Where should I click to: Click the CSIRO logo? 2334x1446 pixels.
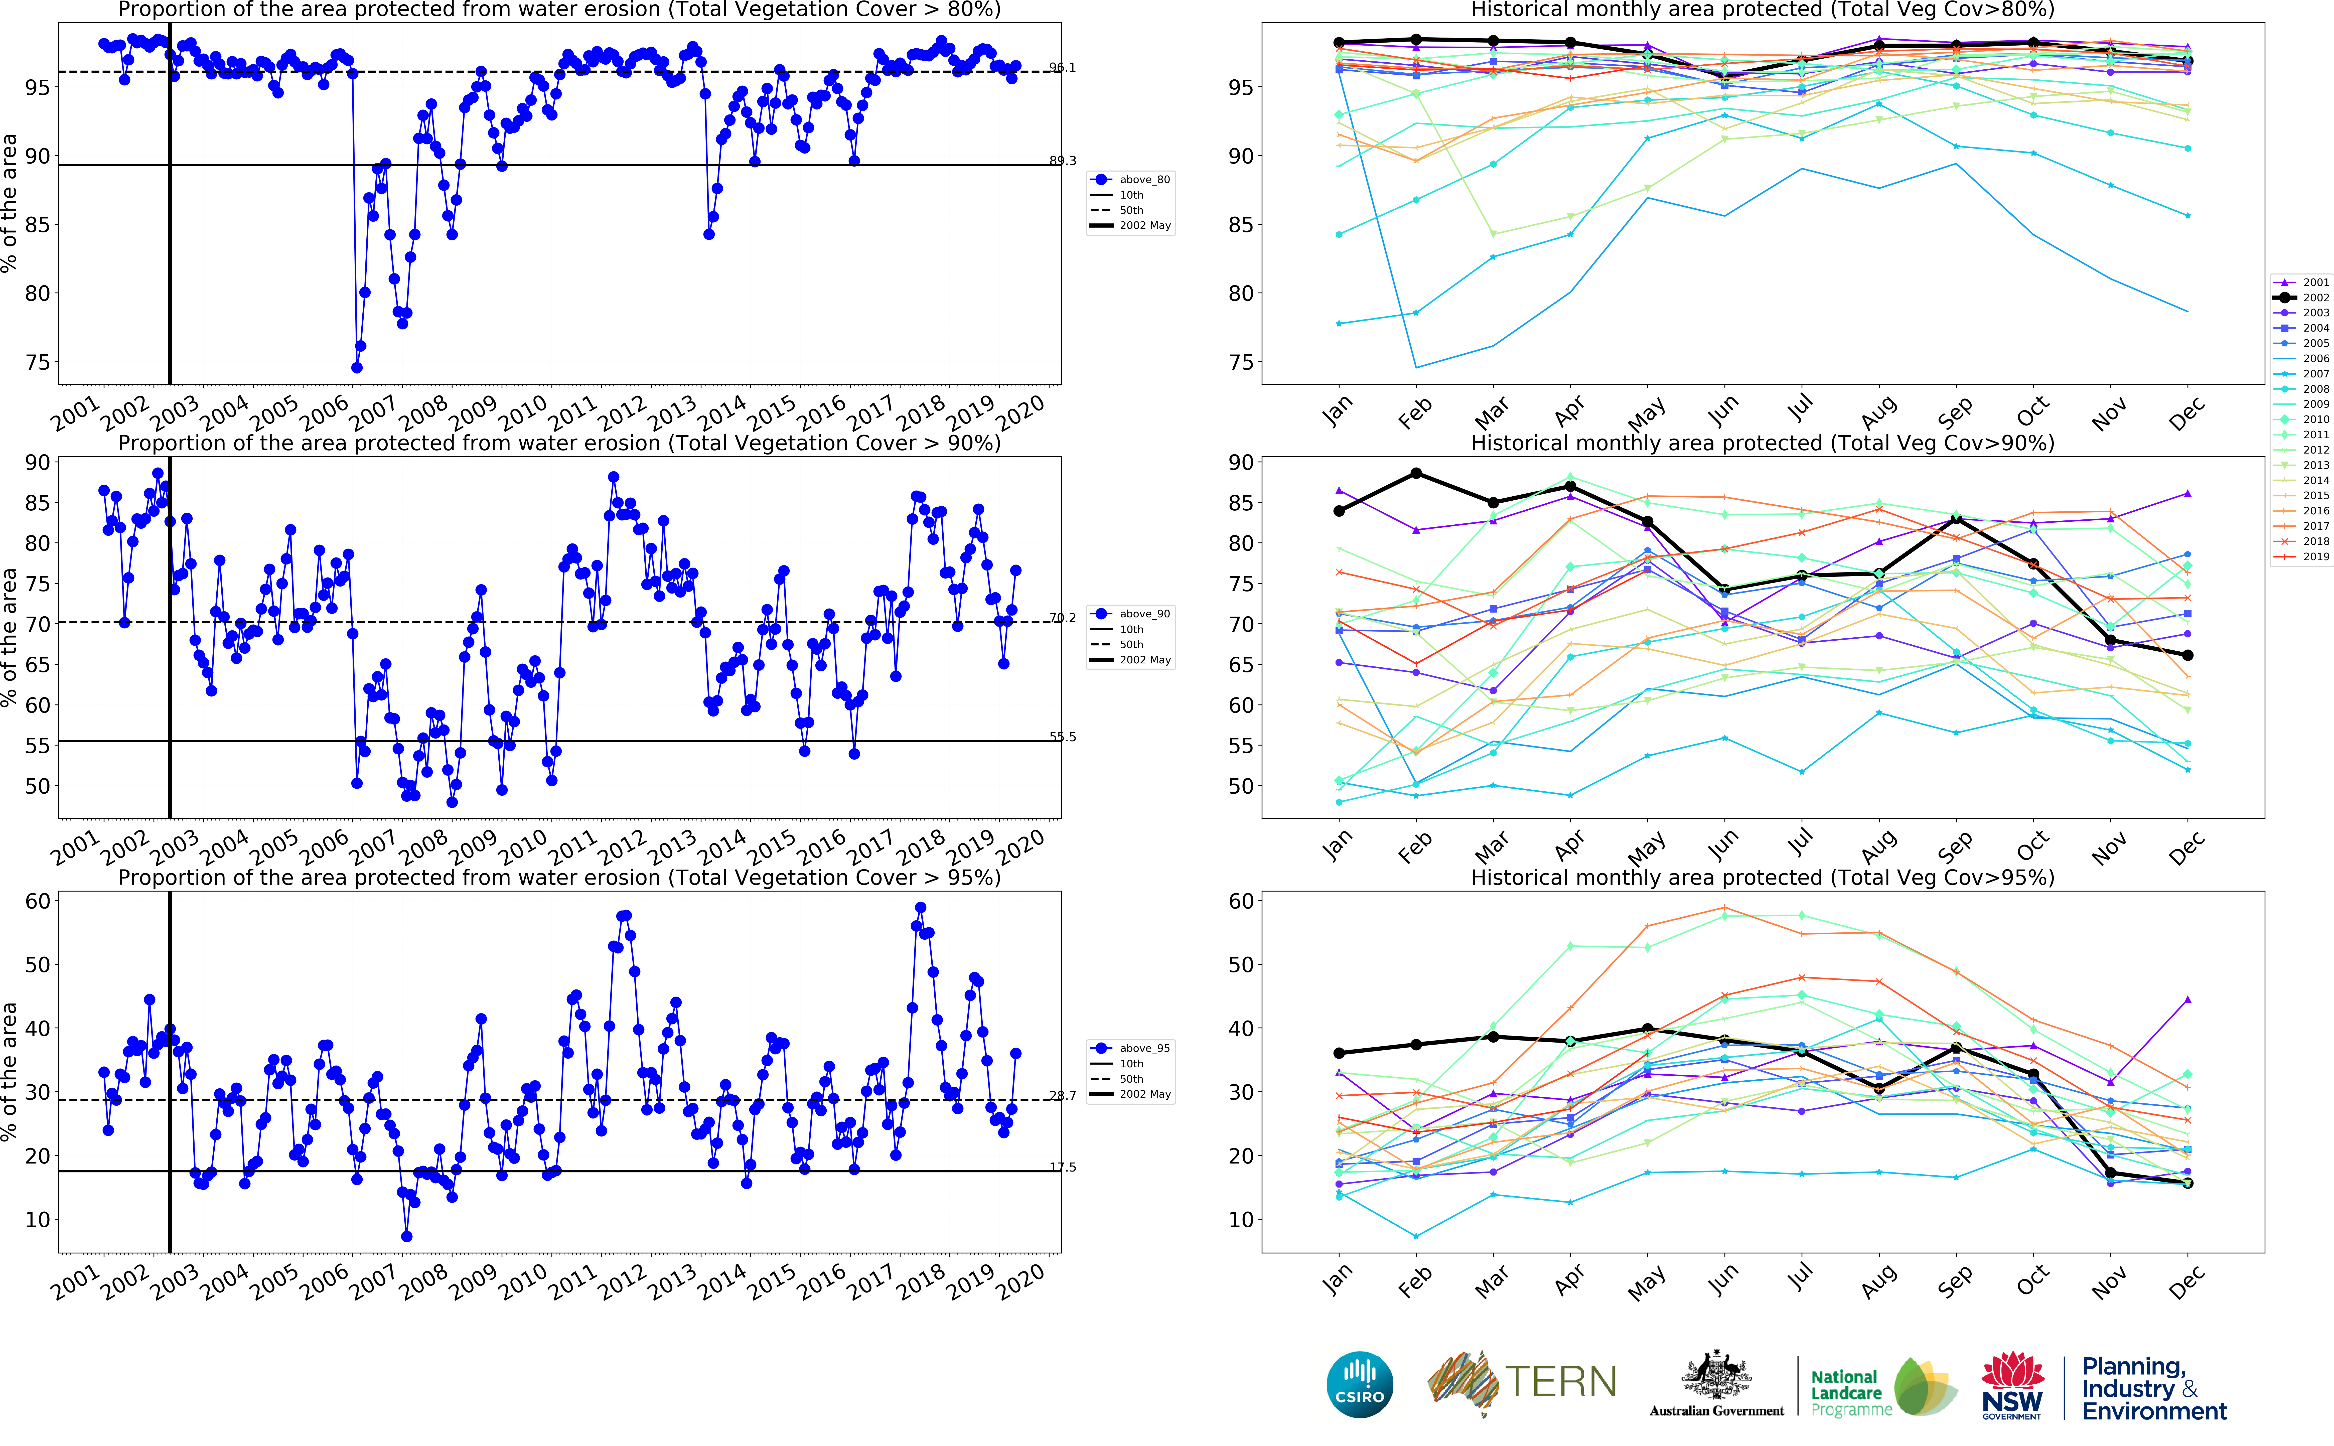(1360, 1385)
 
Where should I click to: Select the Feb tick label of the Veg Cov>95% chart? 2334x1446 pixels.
(1415, 1281)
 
